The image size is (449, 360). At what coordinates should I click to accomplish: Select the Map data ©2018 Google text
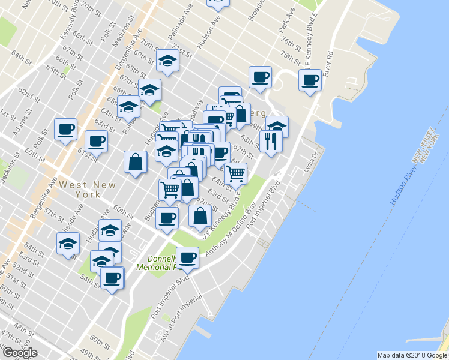pyautogui.click(x=412, y=355)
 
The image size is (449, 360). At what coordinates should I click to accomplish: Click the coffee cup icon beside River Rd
pyautogui.click(x=310, y=79)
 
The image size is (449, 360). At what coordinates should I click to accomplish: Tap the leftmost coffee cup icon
pyautogui.click(x=65, y=128)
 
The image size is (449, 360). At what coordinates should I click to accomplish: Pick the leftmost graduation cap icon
pyautogui.click(x=68, y=244)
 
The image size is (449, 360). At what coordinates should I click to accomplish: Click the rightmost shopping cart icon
pyautogui.click(x=236, y=173)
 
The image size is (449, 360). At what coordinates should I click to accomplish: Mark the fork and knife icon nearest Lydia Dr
pyautogui.click(x=270, y=141)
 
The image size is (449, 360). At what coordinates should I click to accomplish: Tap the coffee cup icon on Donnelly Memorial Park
pyautogui.click(x=188, y=257)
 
